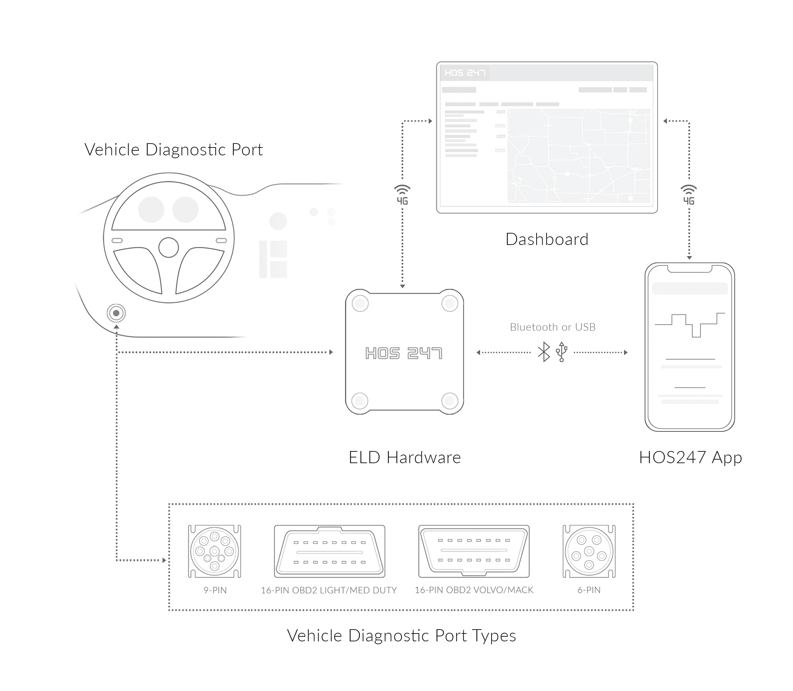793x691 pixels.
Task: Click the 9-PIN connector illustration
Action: [214, 551]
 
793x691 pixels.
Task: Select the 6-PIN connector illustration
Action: [589, 551]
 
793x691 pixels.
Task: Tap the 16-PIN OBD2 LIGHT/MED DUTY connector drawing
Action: [329, 551]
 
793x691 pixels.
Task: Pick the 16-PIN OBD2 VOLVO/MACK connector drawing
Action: [474, 551]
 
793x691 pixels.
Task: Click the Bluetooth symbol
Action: [544, 352]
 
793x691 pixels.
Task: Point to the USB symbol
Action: [562, 352]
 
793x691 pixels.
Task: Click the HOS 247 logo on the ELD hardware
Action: [403, 353]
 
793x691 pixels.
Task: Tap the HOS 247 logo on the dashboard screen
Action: [465, 73]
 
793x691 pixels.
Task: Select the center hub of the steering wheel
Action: [169, 247]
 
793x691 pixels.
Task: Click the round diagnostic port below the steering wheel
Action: [116, 313]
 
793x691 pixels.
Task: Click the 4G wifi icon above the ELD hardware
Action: [402, 195]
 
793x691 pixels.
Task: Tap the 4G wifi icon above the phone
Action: [689, 195]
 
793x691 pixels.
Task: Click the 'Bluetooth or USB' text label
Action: [552, 327]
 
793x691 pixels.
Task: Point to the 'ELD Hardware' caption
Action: [404, 457]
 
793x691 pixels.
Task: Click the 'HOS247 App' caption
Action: [690, 457]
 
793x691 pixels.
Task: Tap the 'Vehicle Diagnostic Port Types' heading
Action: [401, 636]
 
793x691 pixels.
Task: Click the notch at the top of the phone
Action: [690, 269]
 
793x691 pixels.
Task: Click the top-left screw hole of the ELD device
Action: [360, 304]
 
